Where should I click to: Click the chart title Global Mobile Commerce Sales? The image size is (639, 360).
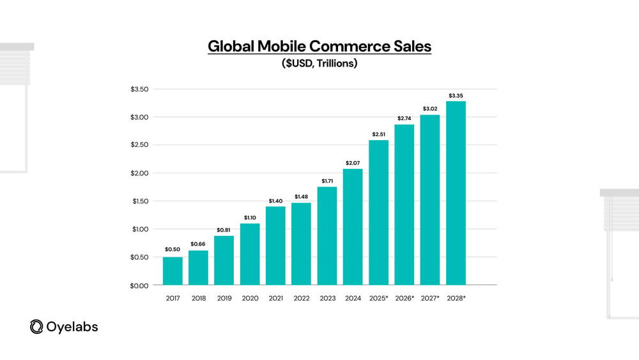coord(319,47)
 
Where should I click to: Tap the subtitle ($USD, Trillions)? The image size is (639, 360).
coord(319,64)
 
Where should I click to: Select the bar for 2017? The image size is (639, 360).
coord(173,271)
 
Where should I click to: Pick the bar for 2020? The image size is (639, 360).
coord(250,254)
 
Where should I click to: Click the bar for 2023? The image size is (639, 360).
coord(327,236)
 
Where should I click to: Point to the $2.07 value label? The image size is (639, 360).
coord(353,163)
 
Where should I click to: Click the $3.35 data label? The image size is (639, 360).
coord(456,95)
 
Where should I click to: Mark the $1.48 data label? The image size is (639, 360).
coord(301,196)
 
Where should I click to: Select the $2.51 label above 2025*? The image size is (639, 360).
coord(378,134)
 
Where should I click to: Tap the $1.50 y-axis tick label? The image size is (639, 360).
coord(140,201)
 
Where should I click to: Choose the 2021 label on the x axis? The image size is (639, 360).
coord(275,298)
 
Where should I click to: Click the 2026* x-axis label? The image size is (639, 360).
coord(404,298)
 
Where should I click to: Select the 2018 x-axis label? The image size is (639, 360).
coord(198,298)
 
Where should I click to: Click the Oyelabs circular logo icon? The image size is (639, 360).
coord(36,327)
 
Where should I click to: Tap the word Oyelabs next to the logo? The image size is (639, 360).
coord(72,327)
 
